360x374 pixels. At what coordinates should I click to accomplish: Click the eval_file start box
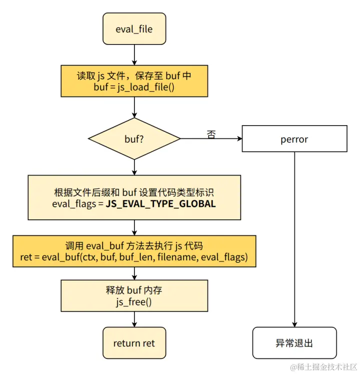click(134, 29)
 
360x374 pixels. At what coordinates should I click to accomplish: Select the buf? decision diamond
click(134, 139)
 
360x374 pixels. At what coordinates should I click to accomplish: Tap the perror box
click(294, 139)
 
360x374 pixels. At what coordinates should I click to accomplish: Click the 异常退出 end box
click(294, 343)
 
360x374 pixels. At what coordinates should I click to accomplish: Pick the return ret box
click(134, 343)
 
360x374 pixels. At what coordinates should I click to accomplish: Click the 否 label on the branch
click(211, 134)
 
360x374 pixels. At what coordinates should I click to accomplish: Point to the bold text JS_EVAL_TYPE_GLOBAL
click(160, 204)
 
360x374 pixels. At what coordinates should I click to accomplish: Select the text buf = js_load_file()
click(133, 86)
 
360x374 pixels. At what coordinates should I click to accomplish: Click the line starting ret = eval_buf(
click(134, 257)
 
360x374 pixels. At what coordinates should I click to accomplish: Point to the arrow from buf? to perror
click(210, 139)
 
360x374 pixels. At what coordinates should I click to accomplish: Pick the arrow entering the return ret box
click(134, 319)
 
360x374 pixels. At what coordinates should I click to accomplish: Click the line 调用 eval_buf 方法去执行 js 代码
click(134, 246)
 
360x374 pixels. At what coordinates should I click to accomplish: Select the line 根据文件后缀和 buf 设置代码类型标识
click(134, 193)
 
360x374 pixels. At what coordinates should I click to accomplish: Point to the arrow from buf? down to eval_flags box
click(134, 167)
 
